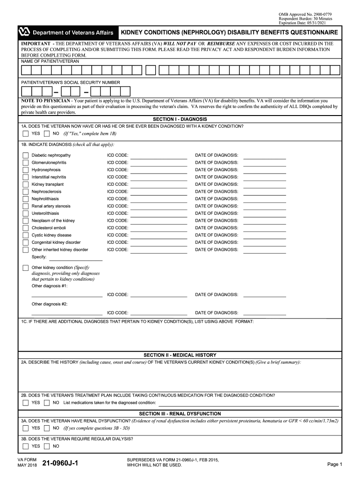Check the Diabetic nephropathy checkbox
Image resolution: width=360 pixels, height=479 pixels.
pyautogui.click(x=25, y=155)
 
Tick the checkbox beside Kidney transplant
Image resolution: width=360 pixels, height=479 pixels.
pyautogui.click(x=25, y=184)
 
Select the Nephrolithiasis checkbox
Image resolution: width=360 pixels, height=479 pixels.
pyautogui.click(x=25, y=199)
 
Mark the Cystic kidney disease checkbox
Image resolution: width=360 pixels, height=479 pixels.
pyautogui.click(x=25, y=235)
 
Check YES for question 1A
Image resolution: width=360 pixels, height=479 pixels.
pyautogui.click(x=25, y=133)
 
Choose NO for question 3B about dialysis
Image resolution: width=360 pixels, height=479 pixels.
pyautogui.click(x=47, y=446)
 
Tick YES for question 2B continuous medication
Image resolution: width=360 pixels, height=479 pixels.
pyautogui.click(x=25, y=403)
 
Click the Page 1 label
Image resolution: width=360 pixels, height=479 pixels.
pyautogui.click(x=335, y=464)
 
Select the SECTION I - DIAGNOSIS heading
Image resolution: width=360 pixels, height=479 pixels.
pyautogui.click(x=180, y=119)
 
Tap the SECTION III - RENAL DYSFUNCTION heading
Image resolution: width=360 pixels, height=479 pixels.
pyautogui.click(x=180, y=414)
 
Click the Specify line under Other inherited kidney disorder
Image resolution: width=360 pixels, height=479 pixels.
pyautogui.click(x=75, y=259)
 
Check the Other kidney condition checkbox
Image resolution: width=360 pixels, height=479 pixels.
pyautogui.click(x=25, y=268)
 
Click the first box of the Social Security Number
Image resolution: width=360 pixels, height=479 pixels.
pyautogui.click(x=27, y=91)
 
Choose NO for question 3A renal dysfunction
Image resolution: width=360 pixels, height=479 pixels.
pyautogui.click(x=47, y=428)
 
